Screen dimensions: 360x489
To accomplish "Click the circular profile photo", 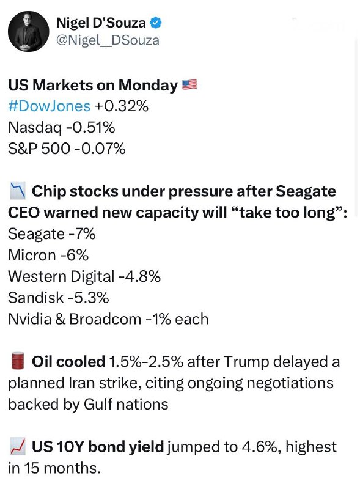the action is pyautogui.click(x=28, y=32).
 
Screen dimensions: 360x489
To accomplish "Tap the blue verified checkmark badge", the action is pyautogui.click(x=156, y=23).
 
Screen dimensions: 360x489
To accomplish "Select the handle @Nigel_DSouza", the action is pyautogui.click(x=108, y=40).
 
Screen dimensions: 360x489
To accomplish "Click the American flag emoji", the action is pyautogui.click(x=189, y=84).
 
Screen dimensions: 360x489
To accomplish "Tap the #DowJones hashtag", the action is pyautogui.click(x=50, y=106).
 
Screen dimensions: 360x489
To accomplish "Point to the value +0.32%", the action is pyautogui.click(x=122, y=106).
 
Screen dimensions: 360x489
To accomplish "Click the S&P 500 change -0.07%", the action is pyautogui.click(x=100, y=149).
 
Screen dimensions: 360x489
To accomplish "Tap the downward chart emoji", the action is pyautogui.click(x=18, y=191).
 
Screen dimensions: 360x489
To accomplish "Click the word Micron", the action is pyautogui.click(x=32, y=255).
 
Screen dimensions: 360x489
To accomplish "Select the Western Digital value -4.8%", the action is pyautogui.click(x=139, y=277).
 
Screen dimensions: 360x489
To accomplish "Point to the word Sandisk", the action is pyautogui.click(x=36, y=298).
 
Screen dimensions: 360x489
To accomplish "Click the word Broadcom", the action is pyautogui.click(x=106, y=319).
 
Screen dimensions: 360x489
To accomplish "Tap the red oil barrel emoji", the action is pyautogui.click(x=18, y=362).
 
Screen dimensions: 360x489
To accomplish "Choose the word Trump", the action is pyautogui.click(x=246, y=362).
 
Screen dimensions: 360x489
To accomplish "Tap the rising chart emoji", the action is pyautogui.click(x=18, y=446).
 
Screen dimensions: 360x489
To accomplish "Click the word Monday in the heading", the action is pyautogui.click(x=148, y=86).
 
